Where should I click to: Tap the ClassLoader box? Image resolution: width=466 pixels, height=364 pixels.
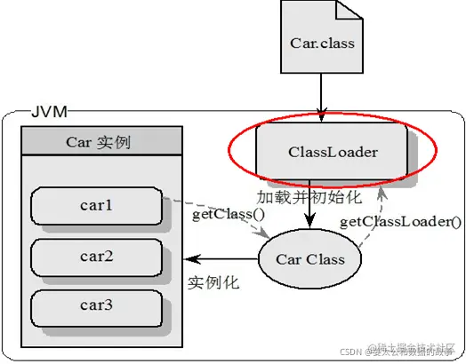(x=332, y=152)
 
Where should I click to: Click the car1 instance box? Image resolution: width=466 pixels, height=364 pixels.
(x=97, y=206)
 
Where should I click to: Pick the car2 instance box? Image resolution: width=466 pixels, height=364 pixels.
(x=97, y=257)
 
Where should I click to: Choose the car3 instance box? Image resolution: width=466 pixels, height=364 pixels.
(x=97, y=305)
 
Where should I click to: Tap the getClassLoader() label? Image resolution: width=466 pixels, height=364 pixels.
(x=401, y=222)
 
